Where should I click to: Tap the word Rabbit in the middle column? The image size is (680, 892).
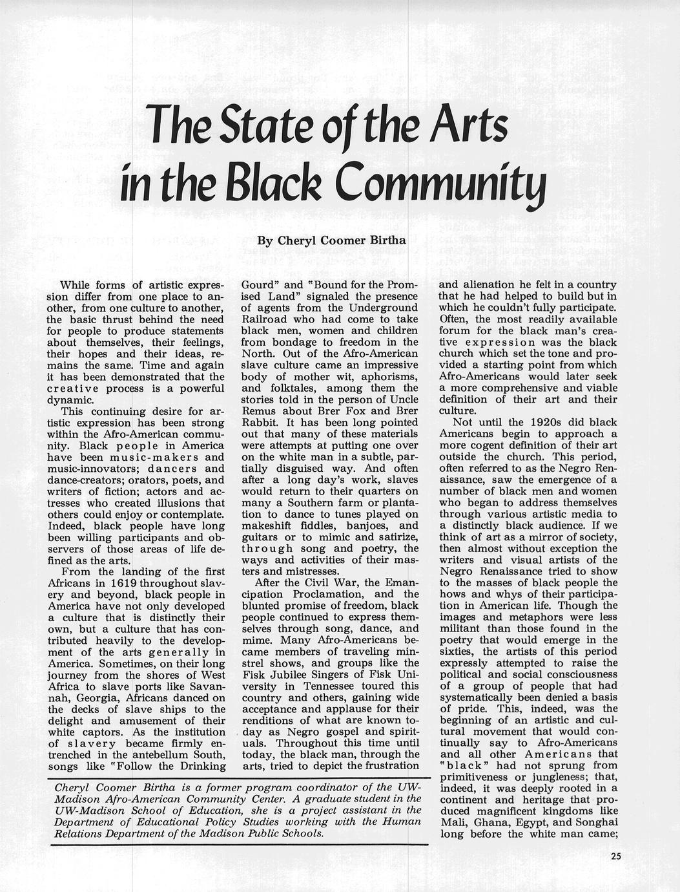pos(258,422)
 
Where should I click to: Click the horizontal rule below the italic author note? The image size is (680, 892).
pos(239,844)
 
